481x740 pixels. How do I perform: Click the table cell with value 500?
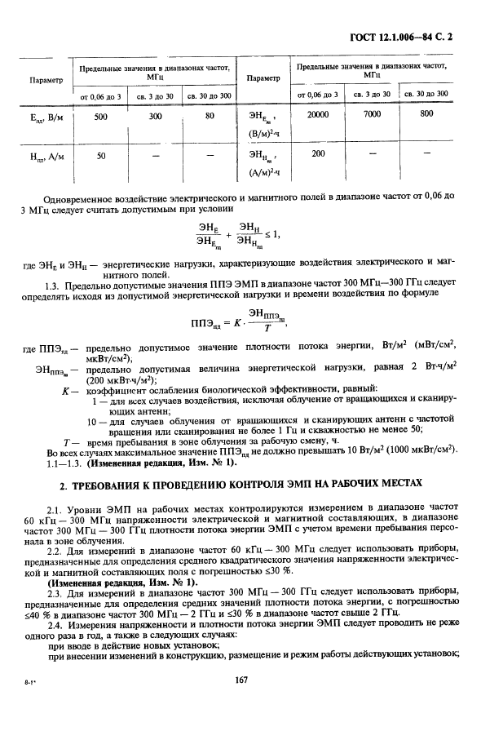(x=101, y=117)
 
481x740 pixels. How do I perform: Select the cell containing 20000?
(x=318, y=114)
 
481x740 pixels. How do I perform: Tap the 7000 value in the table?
(x=372, y=114)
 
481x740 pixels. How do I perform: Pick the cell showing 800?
(x=427, y=114)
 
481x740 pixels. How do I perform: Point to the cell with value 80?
(x=210, y=117)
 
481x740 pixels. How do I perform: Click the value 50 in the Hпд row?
(x=101, y=155)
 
